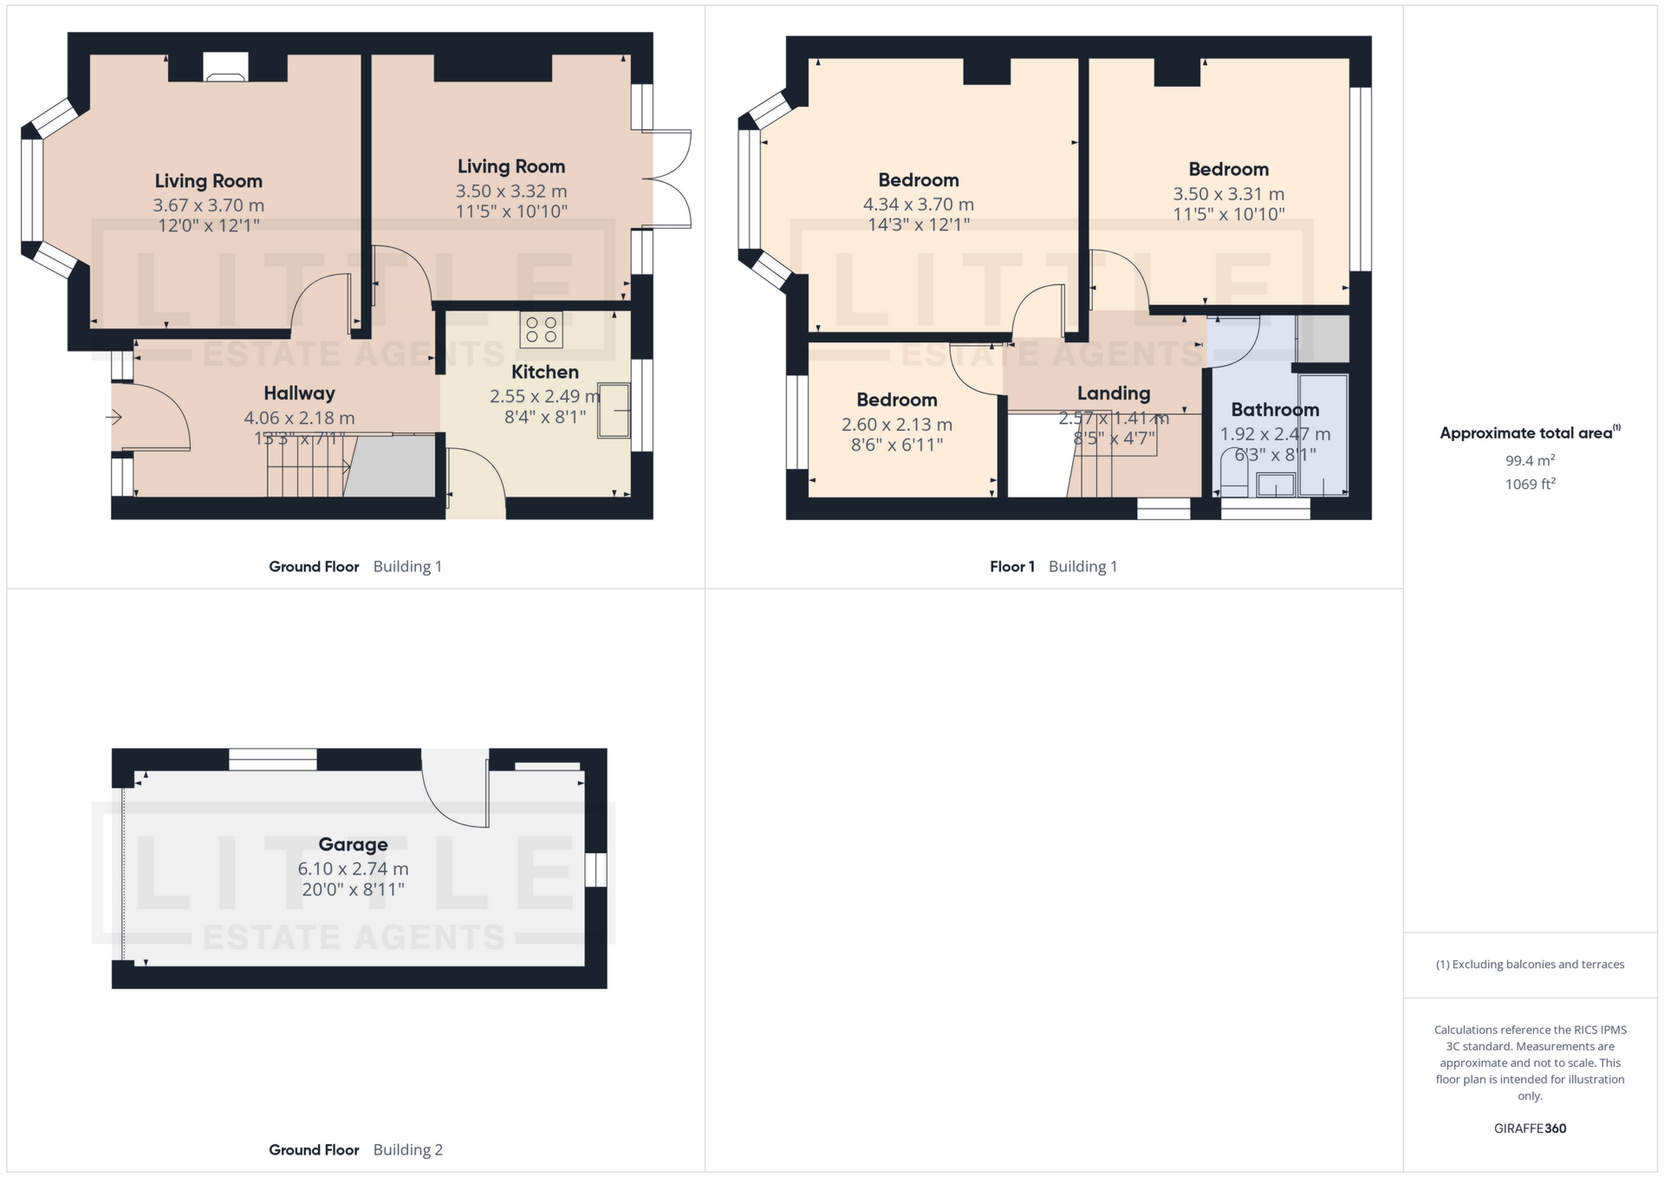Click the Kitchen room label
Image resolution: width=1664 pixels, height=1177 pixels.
[544, 372]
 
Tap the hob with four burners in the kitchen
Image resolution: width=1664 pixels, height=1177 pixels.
[541, 329]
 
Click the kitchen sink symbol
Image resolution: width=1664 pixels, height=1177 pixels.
[614, 411]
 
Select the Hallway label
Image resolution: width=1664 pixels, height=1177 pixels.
[299, 393]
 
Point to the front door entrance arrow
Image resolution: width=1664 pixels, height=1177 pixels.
[114, 418]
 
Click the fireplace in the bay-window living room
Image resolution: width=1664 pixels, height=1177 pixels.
[225, 68]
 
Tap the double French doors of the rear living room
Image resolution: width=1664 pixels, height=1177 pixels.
[667, 179]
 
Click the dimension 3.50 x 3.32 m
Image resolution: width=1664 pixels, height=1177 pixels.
[511, 191]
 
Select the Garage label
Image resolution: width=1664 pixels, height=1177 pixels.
[353, 844]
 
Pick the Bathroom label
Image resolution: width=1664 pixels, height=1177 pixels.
[1275, 410]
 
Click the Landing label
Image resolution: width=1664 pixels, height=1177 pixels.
[1114, 393]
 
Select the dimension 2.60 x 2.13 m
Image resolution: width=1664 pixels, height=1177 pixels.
[896, 425]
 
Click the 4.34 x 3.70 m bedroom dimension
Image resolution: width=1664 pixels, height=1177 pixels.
[918, 205]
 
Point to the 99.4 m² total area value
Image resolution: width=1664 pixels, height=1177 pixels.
[1530, 460]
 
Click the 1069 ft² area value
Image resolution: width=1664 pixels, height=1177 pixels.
[1530, 484]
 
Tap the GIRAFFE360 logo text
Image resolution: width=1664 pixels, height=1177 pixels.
[1530, 1128]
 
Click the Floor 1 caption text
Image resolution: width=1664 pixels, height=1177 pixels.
[1011, 567]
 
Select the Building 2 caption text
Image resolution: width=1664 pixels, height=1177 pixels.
[407, 1150]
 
